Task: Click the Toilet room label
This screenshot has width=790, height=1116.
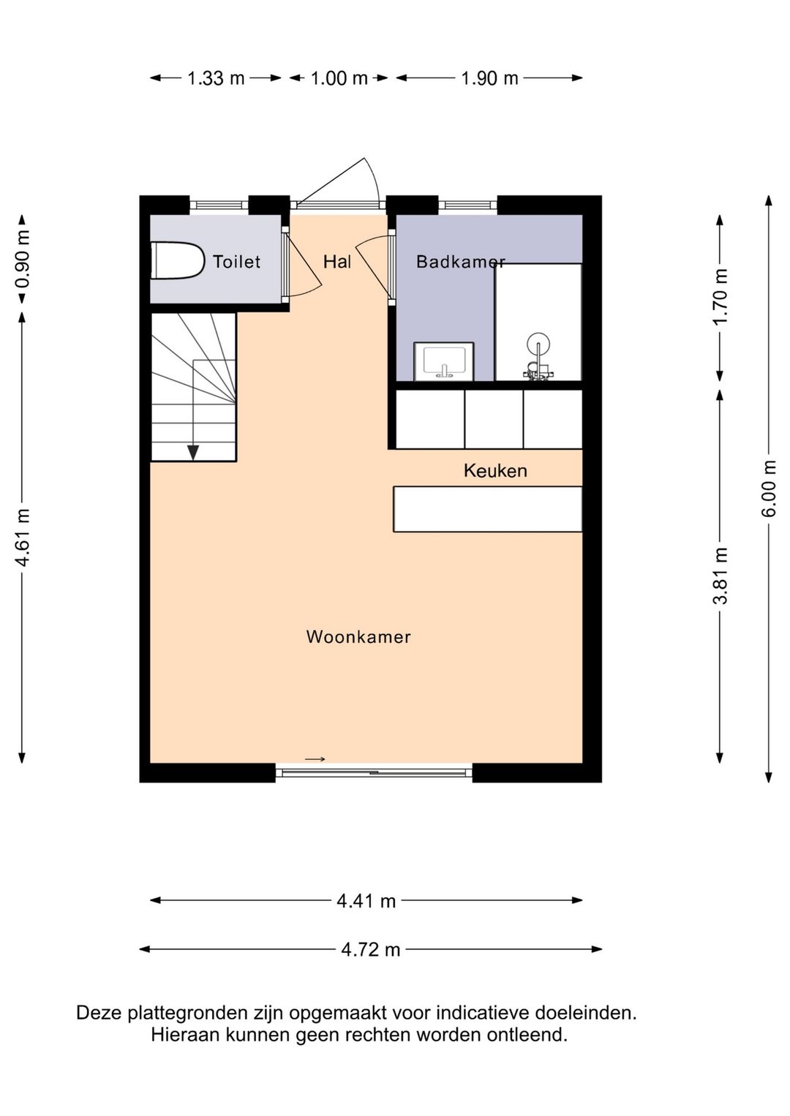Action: [236, 262]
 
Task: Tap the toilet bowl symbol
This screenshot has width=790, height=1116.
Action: [178, 261]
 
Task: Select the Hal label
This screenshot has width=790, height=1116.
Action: [337, 262]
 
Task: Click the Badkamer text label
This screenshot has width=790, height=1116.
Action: [460, 262]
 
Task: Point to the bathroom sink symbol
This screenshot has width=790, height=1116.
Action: [444, 361]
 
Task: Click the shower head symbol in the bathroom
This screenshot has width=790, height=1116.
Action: [538, 344]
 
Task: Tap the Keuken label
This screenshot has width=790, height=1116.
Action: [495, 471]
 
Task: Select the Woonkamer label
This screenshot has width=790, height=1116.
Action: [358, 637]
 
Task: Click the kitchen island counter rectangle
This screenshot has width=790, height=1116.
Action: [487, 509]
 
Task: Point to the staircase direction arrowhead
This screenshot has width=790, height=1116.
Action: [193, 453]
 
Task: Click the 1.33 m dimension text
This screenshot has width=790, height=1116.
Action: [216, 78]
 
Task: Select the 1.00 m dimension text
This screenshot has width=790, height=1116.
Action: [339, 78]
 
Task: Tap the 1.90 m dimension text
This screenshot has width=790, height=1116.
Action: [489, 78]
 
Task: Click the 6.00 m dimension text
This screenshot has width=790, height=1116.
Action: [769, 489]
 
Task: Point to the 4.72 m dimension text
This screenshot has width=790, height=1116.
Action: [371, 949]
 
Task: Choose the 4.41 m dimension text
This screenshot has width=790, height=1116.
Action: [366, 901]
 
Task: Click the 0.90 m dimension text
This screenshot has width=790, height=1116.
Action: [23, 260]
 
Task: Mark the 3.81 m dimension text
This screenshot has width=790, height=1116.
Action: [721, 576]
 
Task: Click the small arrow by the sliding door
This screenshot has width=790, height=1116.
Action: [315, 759]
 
